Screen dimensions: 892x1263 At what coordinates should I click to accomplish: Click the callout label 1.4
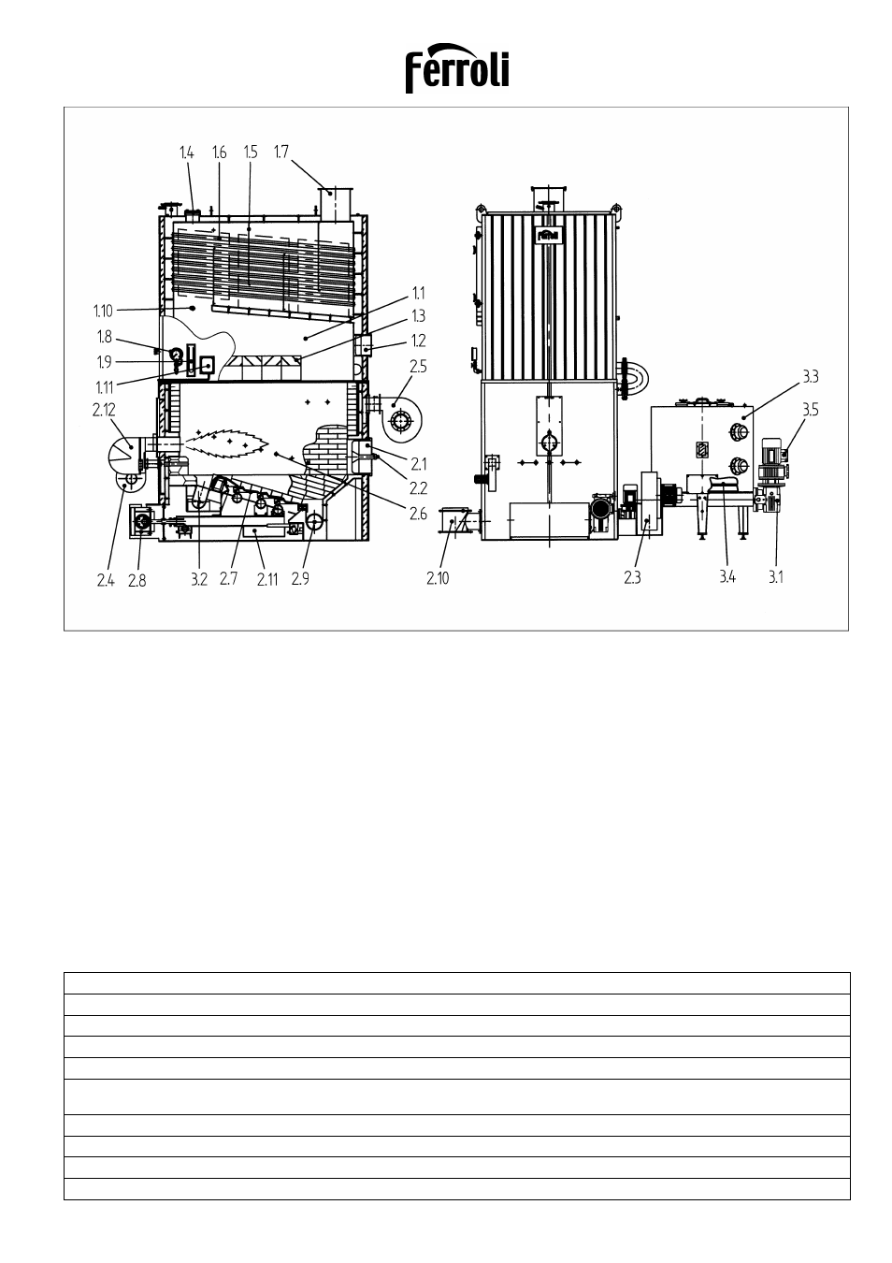pyautogui.click(x=186, y=152)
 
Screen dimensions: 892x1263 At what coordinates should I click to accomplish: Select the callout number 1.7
pyautogui.click(x=281, y=152)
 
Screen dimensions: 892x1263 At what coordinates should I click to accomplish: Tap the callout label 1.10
pyautogui.click(x=103, y=311)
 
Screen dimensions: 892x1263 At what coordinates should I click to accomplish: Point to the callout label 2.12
pyautogui.click(x=104, y=410)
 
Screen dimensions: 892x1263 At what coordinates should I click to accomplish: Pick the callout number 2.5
pyautogui.click(x=418, y=367)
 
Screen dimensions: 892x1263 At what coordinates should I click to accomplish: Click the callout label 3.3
pyautogui.click(x=811, y=377)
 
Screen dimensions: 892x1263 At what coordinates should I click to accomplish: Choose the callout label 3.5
pyautogui.click(x=811, y=410)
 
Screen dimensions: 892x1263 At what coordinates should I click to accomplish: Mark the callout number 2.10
pyautogui.click(x=438, y=578)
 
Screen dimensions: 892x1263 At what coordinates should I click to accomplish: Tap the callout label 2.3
pyautogui.click(x=632, y=578)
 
